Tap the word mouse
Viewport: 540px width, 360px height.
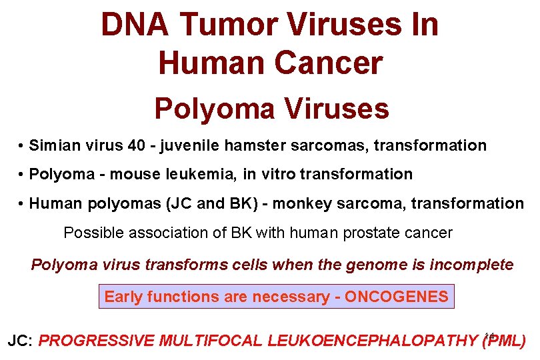tap(130, 175)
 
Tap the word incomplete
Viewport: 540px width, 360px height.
tap(471, 265)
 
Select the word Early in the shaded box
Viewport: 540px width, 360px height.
tap(124, 297)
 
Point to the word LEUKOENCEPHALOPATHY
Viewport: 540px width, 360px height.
tap(371, 341)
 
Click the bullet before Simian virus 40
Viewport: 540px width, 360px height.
tap(22, 146)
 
